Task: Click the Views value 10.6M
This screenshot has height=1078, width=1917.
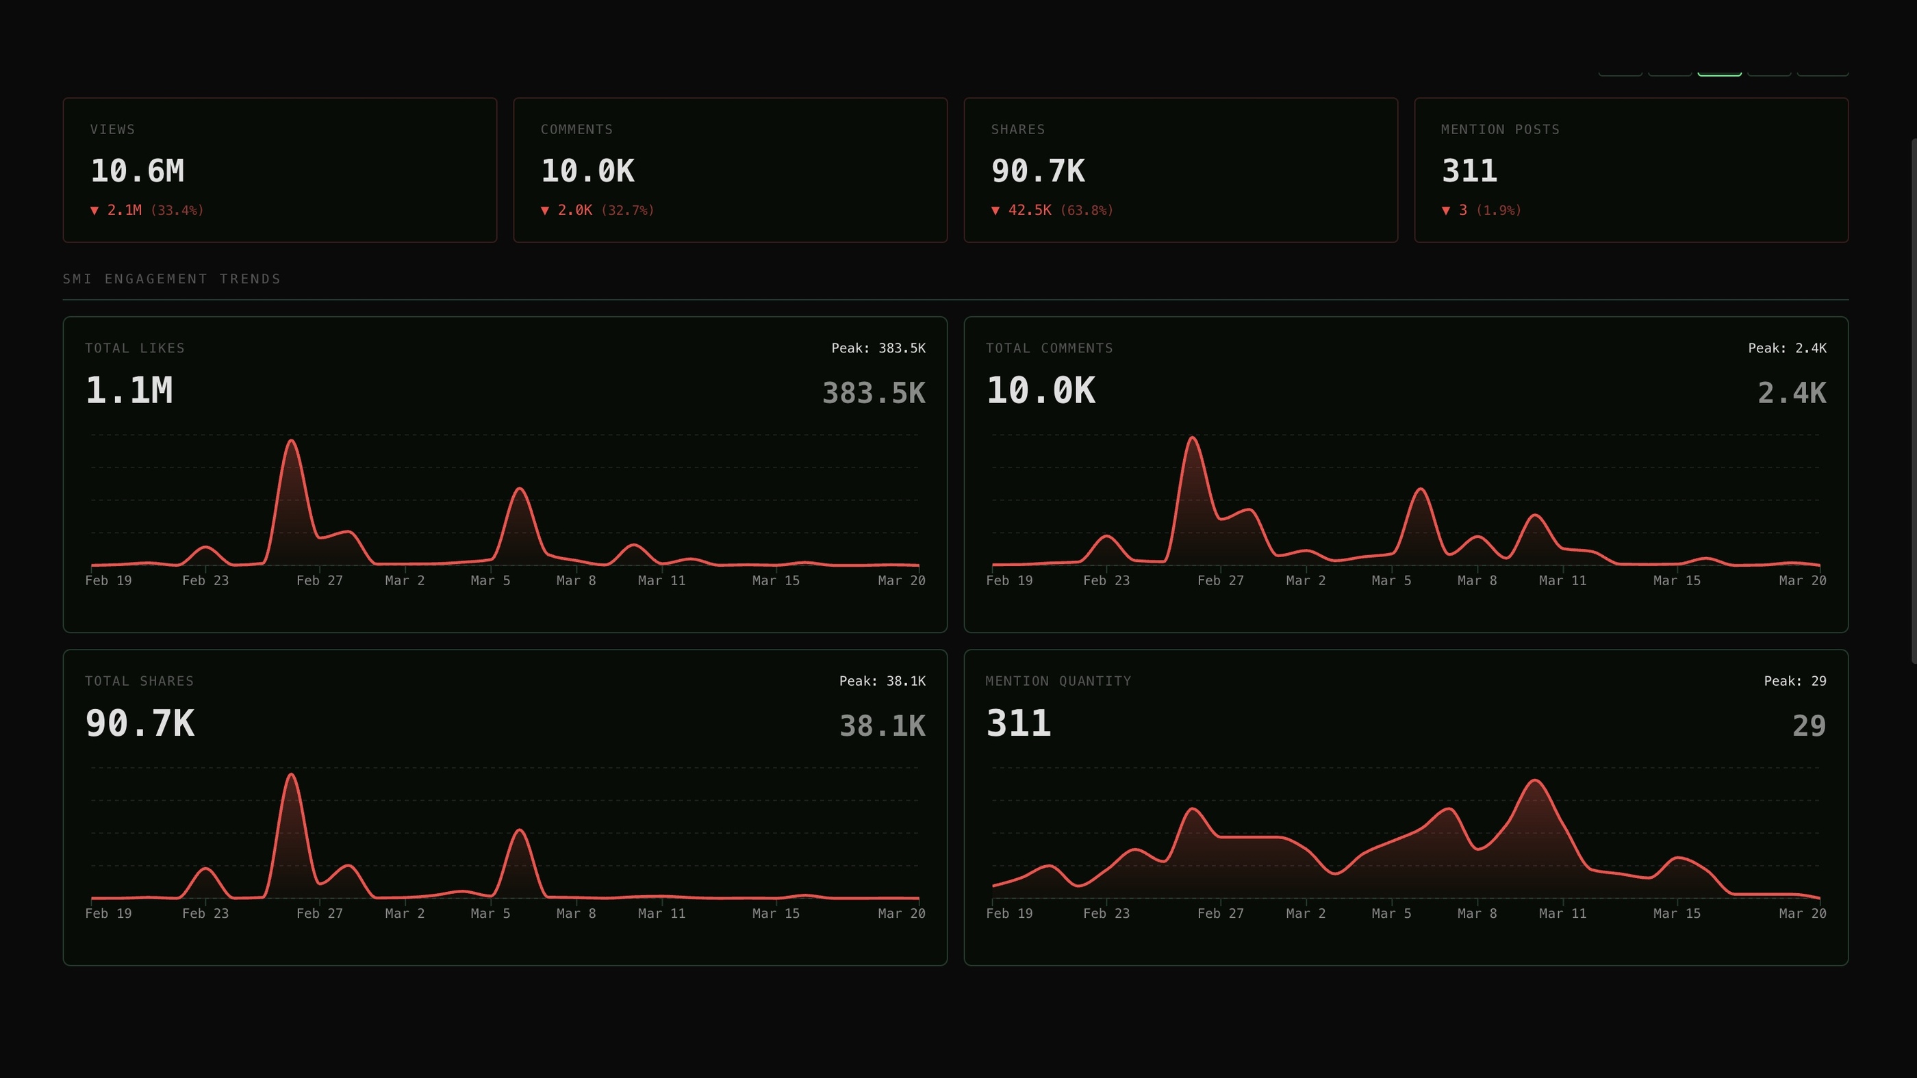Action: tap(137, 171)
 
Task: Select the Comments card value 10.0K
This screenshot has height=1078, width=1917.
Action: tap(587, 171)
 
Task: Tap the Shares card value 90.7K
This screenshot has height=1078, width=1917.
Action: tap(1037, 171)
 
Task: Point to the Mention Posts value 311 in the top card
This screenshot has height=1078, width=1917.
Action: tap(1469, 171)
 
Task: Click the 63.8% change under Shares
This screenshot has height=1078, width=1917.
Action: tap(1087, 211)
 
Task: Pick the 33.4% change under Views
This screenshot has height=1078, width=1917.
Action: tap(177, 211)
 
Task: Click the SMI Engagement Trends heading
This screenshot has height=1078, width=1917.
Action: tap(172, 279)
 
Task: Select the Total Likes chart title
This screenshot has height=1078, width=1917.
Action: tap(135, 348)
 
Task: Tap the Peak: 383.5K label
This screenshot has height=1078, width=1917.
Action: tap(878, 348)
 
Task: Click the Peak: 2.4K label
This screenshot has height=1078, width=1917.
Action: tap(1787, 348)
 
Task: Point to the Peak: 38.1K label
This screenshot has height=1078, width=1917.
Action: tap(882, 681)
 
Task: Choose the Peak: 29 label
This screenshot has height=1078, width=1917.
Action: tap(1794, 681)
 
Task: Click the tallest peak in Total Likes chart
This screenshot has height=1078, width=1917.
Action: tap(292, 441)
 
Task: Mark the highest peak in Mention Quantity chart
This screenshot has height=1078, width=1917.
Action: tap(1535, 780)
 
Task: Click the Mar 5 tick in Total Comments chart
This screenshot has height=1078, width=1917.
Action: tap(1391, 580)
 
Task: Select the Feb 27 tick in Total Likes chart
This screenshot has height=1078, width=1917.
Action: tap(319, 580)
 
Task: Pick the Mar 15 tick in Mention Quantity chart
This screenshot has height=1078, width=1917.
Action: tap(1676, 913)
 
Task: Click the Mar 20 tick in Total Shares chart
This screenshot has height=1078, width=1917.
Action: tap(901, 913)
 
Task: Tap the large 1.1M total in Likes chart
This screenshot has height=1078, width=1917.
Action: tap(129, 391)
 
